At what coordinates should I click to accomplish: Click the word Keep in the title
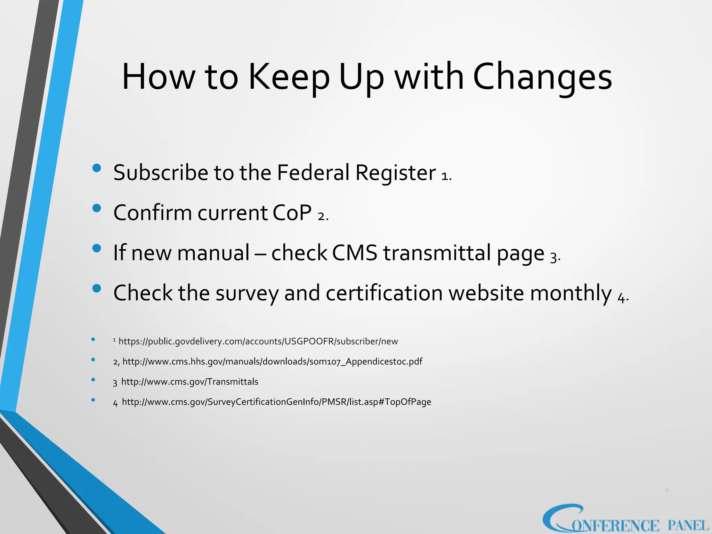point(289,77)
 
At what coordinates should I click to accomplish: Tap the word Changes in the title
point(542,77)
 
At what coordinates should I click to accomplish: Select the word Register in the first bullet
point(395,173)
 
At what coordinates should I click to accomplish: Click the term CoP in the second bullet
point(292,213)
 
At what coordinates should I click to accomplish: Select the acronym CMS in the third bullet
point(354,253)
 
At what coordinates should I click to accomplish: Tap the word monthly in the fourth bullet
point(571,293)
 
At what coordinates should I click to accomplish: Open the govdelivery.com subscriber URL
point(258,341)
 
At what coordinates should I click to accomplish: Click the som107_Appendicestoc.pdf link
point(272,362)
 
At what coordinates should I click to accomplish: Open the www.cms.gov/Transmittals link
point(189,382)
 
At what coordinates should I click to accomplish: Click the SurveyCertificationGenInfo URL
point(276,402)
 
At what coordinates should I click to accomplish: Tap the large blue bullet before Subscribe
point(97,169)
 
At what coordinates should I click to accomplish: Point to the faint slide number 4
point(666,491)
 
